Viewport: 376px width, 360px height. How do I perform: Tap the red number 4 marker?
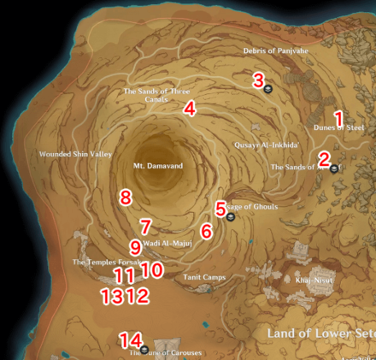click(190, 109)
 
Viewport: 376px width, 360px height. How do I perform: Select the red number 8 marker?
click(126, 198)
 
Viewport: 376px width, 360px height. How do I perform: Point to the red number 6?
click(206, 231)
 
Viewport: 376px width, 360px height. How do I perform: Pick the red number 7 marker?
click(146, 227)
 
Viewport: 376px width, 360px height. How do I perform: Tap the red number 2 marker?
click(324, 157)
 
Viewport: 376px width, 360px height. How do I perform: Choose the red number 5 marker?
click(220, 208)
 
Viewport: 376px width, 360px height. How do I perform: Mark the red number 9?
click(135, 247)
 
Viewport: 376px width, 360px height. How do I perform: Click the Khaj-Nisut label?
click(312, 280)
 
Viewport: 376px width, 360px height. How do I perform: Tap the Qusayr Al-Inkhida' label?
click(266, 145)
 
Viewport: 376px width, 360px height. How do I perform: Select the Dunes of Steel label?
click(340, 127)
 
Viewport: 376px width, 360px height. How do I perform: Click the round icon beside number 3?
click(268, 87)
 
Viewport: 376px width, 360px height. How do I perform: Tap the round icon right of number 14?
click(145, 348)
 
